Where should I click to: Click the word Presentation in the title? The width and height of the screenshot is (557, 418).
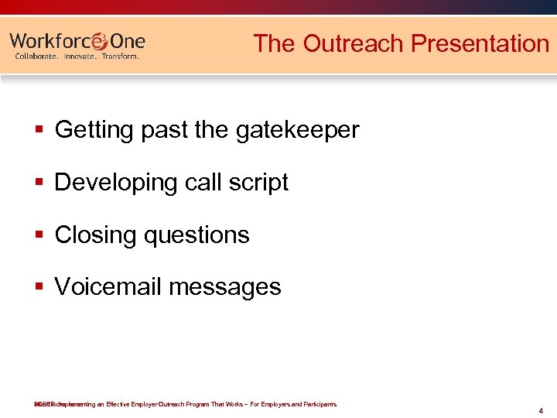point(480,43)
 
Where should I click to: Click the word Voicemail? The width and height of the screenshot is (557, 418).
point(108,287)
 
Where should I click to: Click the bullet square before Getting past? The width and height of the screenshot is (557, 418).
point(40,130)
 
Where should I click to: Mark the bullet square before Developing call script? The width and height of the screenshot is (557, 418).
point(40,183)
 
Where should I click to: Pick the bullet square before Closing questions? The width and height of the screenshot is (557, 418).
point(40,235)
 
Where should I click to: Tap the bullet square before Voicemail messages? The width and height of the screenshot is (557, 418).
point(40,287)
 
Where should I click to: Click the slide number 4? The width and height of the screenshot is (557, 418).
point(541,410)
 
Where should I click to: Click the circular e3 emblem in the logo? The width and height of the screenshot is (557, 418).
point(101,40)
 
